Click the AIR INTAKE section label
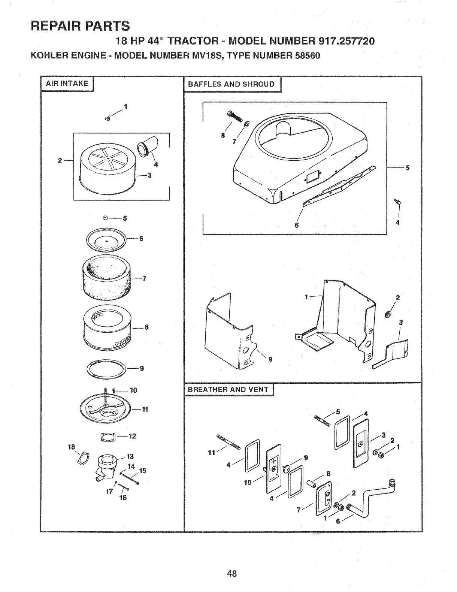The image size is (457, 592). point(67,84)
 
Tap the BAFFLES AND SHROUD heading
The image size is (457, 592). point(231,84)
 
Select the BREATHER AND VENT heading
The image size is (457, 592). point(228,389)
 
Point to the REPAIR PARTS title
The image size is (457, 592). point(81,26)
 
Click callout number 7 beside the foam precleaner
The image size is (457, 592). point(144,278)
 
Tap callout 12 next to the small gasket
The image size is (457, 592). point(132,436)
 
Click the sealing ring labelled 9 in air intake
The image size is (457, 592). point(107,368)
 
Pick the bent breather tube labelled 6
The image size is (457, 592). point(371,495)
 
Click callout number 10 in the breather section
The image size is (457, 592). point(247,482)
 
